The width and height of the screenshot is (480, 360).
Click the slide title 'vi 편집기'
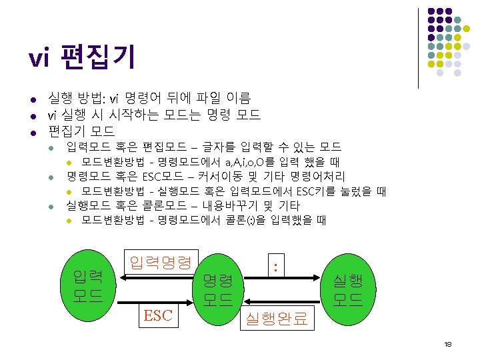click(82, 58)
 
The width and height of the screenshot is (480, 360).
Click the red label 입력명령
click(160, 262)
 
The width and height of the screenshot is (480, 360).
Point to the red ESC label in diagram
click(158, 315)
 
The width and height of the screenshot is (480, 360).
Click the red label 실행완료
click(277, 319)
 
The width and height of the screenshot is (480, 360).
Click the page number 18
click(447, 344)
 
